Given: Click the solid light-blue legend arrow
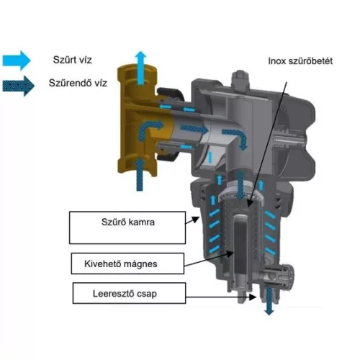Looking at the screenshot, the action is [17, 60].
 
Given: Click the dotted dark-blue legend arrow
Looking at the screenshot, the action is [18, 86].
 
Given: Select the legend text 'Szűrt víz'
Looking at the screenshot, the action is [72, 60].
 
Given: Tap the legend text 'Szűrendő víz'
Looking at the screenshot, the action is [78, 83].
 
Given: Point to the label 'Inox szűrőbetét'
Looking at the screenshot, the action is [300, 61].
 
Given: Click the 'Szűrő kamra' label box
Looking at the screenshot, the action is [127, 228].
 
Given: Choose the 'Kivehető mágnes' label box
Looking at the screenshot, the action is [127, 264].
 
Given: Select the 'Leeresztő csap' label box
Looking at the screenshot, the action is [129, 293].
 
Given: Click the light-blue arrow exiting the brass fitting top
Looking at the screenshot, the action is [140, 68].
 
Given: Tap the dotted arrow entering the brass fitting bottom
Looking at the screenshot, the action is [140, 175].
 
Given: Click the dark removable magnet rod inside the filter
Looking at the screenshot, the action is [240, 247].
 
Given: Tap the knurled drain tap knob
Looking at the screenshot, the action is [289, 276].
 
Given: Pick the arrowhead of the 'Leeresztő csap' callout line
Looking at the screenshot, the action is [253, 297].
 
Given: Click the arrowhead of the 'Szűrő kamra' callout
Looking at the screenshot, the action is [197, 220].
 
